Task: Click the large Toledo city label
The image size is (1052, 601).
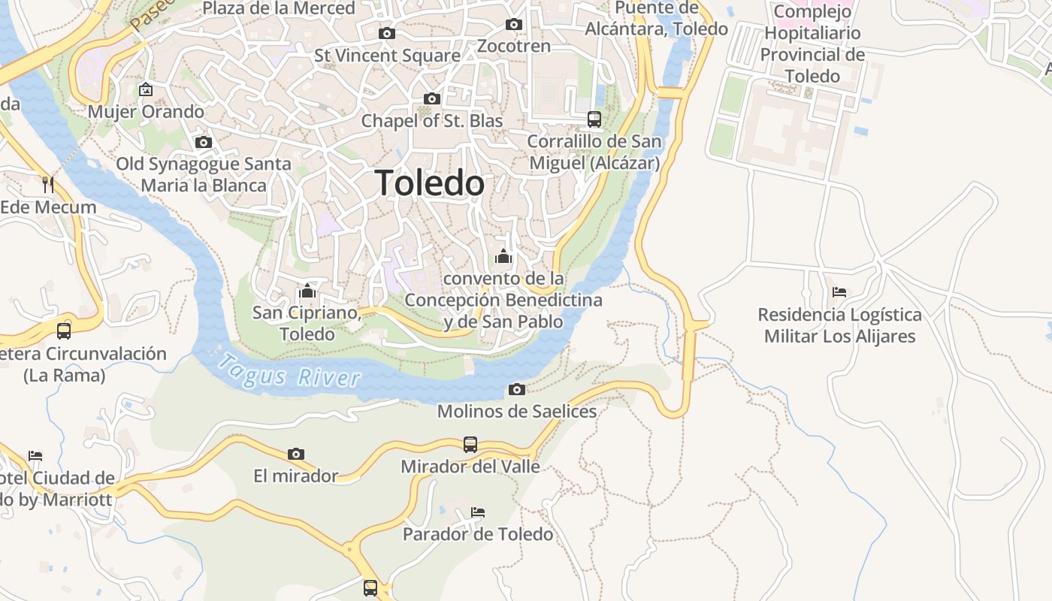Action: [430, 183]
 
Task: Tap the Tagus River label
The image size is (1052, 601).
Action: [289, 371]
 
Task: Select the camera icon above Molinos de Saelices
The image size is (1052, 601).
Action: [517, 389]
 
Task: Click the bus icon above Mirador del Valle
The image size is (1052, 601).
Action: [470, 444]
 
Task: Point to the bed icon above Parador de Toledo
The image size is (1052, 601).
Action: [478, 512]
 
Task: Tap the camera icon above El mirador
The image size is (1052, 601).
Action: [296, 454]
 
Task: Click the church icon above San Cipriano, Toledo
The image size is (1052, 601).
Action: [307, 291]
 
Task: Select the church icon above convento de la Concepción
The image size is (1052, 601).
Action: [503, 257]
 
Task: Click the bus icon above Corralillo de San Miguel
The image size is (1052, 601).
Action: [594, 119]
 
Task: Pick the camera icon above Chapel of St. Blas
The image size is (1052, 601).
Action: [431, 98]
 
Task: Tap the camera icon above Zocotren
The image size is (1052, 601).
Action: [514, 24]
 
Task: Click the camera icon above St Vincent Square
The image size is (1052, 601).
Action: [387, 33]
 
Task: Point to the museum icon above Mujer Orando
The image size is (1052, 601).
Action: [146, 89]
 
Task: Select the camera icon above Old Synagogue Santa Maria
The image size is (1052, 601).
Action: [203, 142]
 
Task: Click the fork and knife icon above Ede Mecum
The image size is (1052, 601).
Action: [48, 185]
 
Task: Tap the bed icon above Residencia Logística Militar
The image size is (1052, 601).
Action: [839, 291]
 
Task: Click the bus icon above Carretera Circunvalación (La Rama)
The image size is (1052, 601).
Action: [64, 331]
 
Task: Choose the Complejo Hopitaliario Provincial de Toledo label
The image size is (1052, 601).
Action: [812, 44]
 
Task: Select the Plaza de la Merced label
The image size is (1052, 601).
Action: [279, 9]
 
